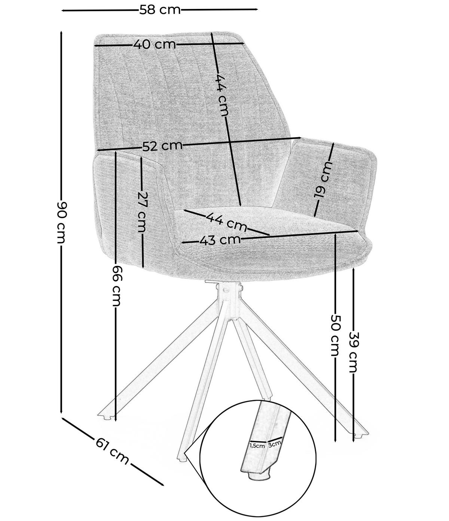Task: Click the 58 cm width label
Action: click(x=160, y=10)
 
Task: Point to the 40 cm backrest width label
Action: click(x=154, y=45)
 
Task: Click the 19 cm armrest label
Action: click(x=322, y=179)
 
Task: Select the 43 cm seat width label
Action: click(x=219, y=240)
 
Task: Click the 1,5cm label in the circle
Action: click(x=257, y=445)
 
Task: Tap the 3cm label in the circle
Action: click(x=275, y=444)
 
